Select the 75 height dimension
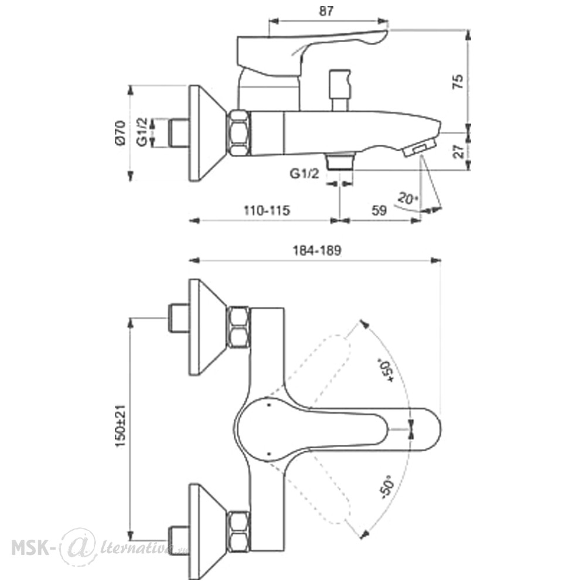pos(458,81)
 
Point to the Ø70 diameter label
pos(120,133)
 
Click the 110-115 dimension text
pos(267,210)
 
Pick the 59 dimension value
pos(379,210)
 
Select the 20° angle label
pos(407,198)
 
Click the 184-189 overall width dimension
pos(316,250)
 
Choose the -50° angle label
pos(386,487)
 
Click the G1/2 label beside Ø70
pos(142,132)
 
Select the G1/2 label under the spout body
pos(305,174)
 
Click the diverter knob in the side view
pos(339,90)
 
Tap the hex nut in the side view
pos(239,133)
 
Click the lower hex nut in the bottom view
pos(239,532)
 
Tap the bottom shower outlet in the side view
pos(339,161)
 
